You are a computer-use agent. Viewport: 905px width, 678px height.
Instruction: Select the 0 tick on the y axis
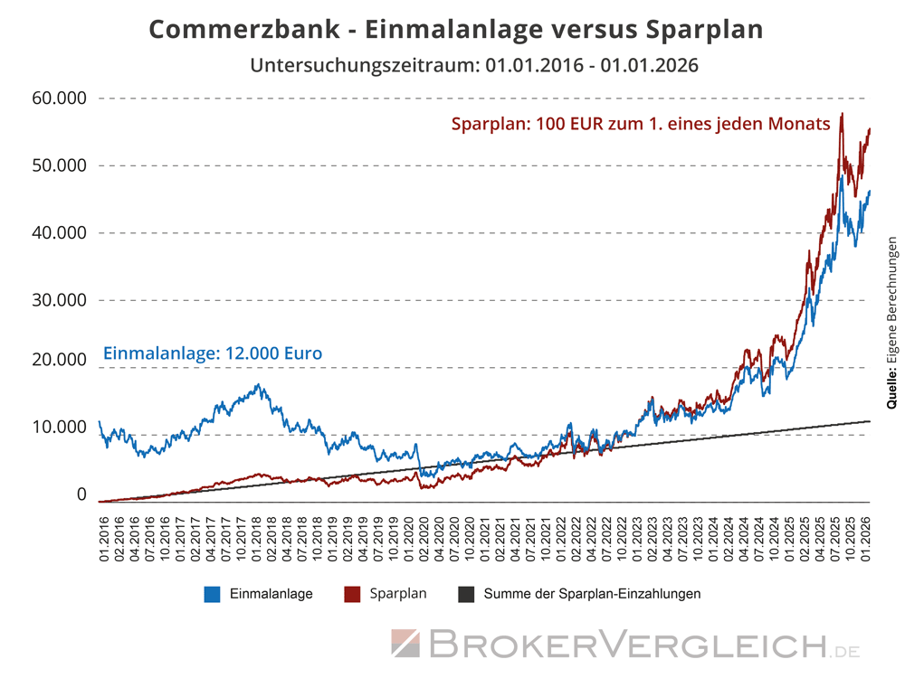click(x=81, y=494)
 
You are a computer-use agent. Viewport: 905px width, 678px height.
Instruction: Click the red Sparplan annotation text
click(x=641, y=125)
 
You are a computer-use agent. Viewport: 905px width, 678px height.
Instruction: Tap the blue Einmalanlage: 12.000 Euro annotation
click(x=213, y=353)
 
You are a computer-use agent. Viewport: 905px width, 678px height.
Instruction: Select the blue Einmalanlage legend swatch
click(x=213, y=594)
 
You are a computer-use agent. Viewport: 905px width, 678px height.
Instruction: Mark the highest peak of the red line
click(x=843, y=114)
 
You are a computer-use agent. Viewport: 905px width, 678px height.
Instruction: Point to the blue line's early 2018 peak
click(x=260, y=386)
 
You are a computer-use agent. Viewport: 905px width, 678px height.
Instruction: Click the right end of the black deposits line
click(x=869, y=421)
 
